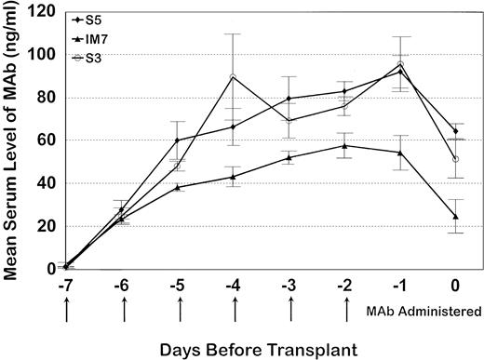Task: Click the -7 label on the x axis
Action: coord(66,287)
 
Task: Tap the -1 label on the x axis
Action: coord(401,287)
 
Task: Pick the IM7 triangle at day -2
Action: coord(345,145)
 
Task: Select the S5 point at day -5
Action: coord(178,140)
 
